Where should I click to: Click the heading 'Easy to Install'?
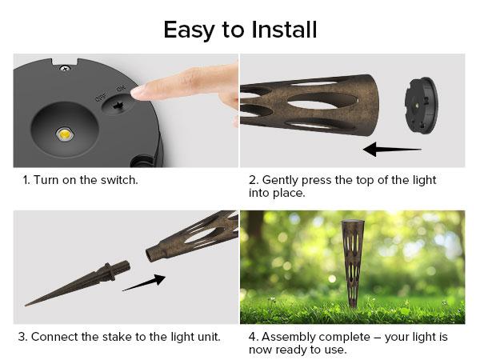click(x=240, y=30)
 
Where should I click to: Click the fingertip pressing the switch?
click(x=145, y=92)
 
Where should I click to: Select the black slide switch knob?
click(x=118, y=105)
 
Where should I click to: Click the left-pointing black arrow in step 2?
click(x=391, y=149)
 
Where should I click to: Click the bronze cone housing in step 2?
click(x=312, y=108)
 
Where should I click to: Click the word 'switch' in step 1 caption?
click(x=118, y=179)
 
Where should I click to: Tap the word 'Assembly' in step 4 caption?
click(x=291, y=336)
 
